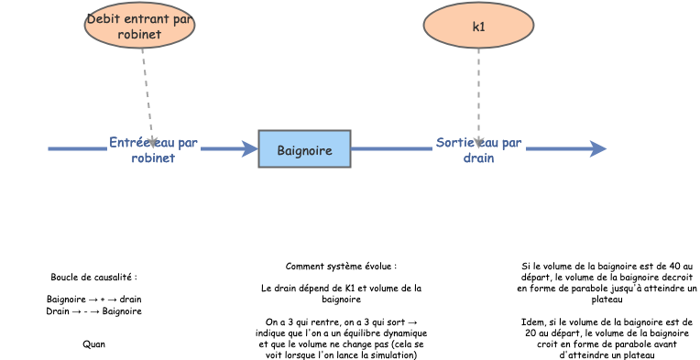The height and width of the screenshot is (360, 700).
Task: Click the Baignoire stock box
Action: tap(304, 149)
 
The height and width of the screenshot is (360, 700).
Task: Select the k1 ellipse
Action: tap(478, 26)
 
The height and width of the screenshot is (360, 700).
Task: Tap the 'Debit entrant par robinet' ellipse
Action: tap(139, 27)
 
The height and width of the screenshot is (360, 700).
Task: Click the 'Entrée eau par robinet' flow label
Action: tap(153, 150)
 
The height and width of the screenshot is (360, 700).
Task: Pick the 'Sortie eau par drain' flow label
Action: tap(478, 150)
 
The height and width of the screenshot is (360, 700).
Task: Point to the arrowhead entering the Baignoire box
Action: tap(249, 149)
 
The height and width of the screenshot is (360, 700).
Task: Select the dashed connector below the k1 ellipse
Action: tap(478, 92)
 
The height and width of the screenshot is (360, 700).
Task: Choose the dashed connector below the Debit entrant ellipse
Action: tap(147, 92)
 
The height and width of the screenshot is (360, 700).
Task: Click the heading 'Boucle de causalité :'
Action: tap(93, 277)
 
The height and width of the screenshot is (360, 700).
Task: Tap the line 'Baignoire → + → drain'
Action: tap(93, 300)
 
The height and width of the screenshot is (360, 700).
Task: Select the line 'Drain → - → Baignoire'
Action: tap(93, 311)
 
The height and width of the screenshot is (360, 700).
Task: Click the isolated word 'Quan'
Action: tap(93, 344)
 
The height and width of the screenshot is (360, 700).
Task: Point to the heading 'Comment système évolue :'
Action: tap(341, 267)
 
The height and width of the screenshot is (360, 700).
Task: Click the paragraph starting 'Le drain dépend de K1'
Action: tap(341, 293)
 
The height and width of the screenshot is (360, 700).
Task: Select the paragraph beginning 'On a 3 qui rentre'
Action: tap(341, 339)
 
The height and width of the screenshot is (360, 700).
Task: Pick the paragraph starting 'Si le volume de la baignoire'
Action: tap(607, 282)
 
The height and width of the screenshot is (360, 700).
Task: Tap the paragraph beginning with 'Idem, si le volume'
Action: tap(607, 339)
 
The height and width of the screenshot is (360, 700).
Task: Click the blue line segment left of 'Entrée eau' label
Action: tap(77, 149)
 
